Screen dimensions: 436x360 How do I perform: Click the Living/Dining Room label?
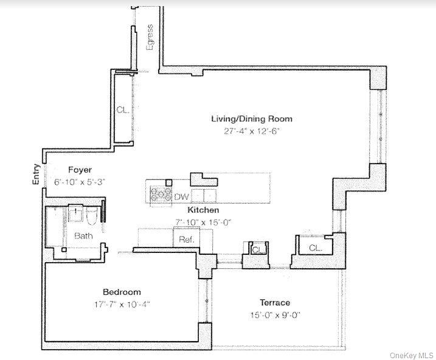coord(252,119)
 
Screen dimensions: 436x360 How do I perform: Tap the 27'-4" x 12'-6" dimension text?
coord(251,131)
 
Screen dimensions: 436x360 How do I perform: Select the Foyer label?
coord(80,170)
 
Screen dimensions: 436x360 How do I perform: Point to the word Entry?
coord(36,175)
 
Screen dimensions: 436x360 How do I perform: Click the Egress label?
coord(150,37)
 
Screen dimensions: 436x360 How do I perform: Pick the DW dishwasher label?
coord(182,197)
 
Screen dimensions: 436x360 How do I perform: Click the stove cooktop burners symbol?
coord(161,193)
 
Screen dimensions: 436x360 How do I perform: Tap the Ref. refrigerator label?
coord(186,239)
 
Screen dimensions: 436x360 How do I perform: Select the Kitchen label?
coord(203,210)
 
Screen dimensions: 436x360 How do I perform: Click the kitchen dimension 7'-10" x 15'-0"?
coord(203,223)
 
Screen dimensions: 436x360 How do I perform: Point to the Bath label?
coord(83,236)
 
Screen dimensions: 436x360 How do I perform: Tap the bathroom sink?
coord(75,213)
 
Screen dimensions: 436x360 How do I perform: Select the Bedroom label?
coord(122,292)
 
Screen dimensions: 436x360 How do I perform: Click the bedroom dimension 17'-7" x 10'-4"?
coord(122,305)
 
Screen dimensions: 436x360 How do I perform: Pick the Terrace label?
coord(275,303)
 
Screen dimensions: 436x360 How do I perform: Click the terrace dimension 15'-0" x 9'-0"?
coord(275,315)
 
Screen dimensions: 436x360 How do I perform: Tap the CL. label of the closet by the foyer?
coord(123,110)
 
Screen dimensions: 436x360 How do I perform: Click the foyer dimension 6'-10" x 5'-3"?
coord(80,182)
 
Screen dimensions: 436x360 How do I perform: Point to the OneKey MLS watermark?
coord(412,355)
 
